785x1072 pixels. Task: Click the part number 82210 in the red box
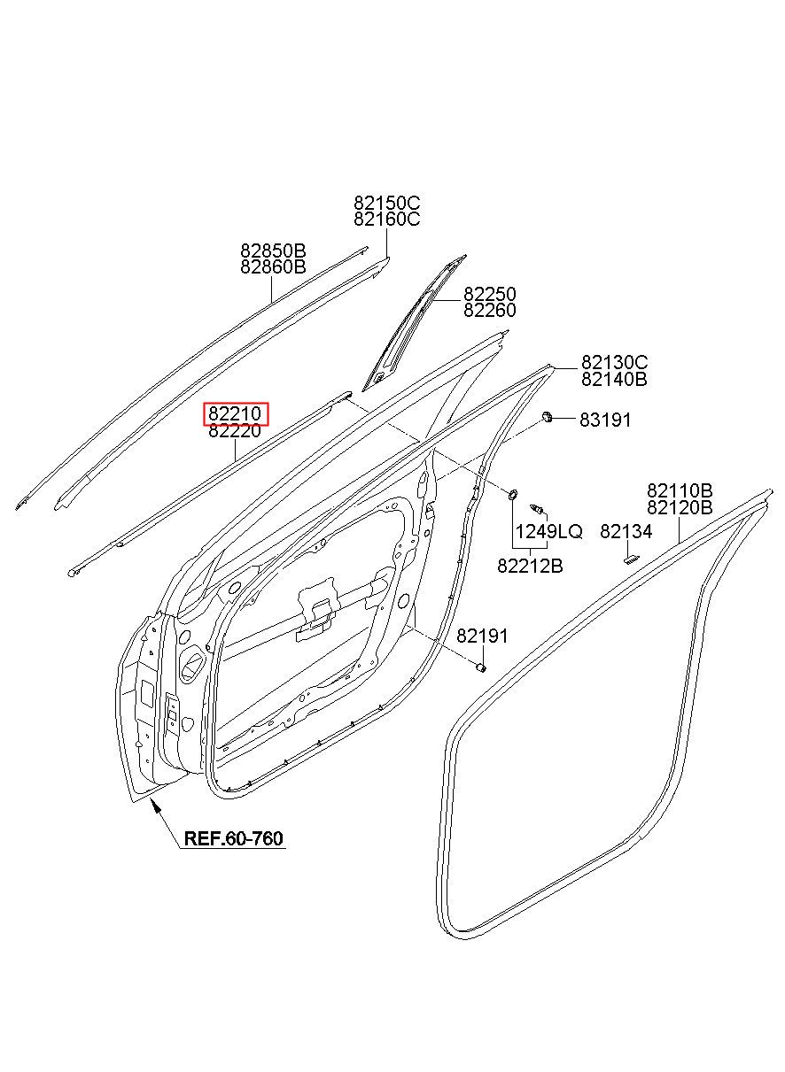click(235, 414)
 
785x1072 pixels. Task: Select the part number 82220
click(235, 431)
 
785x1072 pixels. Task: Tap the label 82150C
click(387, 204)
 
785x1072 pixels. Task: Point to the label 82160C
click(387, 220)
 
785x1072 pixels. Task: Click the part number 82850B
click(273, 251)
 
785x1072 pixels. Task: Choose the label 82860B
click(273, 266)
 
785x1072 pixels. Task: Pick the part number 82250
click(490, 294)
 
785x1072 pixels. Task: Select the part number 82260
click(490, 311)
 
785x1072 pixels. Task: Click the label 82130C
click(614, 363)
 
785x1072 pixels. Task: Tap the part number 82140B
click(614, 380)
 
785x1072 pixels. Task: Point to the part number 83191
click(605, 420)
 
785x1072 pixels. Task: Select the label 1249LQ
click(549, 532)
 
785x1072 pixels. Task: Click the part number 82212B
click(530, 567)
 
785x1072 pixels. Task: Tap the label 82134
click(626, 532)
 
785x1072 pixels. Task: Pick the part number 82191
click(483, 636)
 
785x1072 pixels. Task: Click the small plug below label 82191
click(481, 667)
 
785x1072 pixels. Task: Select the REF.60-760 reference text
click(234, 838)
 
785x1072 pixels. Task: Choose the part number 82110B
click(680, 491)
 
